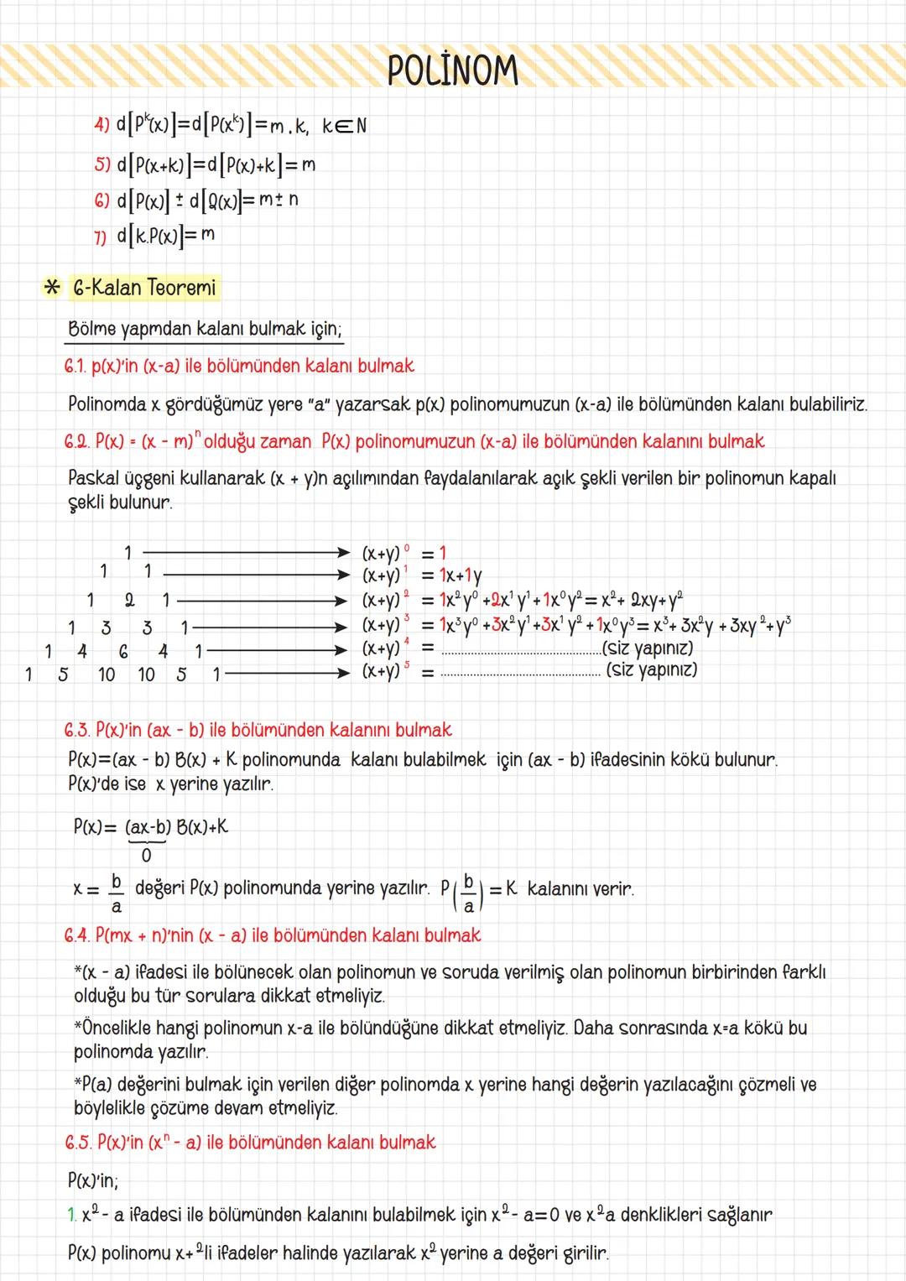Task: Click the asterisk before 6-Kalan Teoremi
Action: pos(52,289)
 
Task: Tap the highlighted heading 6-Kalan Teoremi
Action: pos(144,289)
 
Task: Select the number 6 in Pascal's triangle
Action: pos(123,651)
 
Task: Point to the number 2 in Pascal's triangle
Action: pos(129,601)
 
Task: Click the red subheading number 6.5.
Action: pos(78,1143)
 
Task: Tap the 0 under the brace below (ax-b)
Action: pos(147,856)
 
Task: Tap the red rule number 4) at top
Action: pos(102,125)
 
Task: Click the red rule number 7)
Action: pos(101,237)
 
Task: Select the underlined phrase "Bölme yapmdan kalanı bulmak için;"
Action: pos(205,329)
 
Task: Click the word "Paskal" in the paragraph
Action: pos(94,478)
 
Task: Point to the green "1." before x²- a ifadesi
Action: pos(72,1215)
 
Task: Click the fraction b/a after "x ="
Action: pos(117,893)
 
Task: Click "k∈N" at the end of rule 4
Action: pos(345,126)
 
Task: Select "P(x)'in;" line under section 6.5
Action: pos(93,1181)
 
